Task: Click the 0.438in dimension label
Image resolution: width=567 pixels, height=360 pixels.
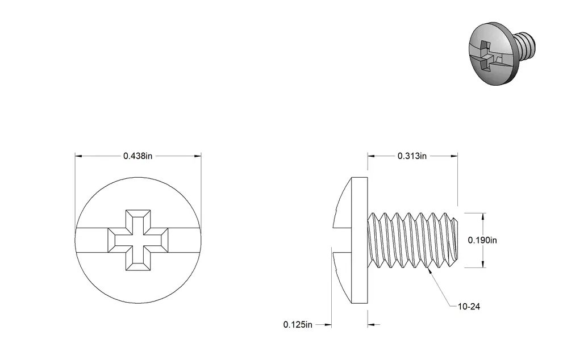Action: pos(137,156)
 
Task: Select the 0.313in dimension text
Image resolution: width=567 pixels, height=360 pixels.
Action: pos(412,156)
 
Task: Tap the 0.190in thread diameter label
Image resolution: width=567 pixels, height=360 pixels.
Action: pos(482,240)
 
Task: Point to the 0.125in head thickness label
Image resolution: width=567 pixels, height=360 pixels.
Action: pos(298,325)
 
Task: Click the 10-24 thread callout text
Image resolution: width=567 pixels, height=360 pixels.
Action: pos(469,307)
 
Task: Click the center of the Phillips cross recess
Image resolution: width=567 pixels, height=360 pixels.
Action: pos(138,240)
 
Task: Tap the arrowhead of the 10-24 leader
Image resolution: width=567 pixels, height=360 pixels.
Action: pos(430,270)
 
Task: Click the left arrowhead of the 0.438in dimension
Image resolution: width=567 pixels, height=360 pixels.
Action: pos(78,156)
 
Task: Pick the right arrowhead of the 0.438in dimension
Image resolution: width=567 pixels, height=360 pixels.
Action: pos(198,156)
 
